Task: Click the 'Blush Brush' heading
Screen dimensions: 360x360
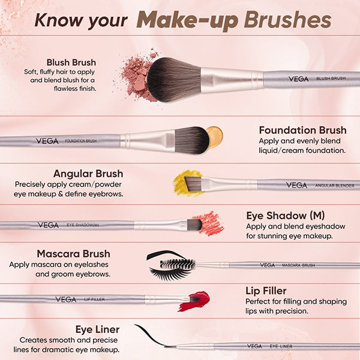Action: point(71,62)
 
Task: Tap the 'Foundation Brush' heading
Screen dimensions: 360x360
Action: point(302,130)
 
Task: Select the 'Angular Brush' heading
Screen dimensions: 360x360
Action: point(88,173)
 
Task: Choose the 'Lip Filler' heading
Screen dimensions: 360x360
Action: point(266,291)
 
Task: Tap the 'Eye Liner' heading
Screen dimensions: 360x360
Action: point(97,329)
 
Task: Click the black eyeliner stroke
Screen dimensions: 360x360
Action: point(151,336)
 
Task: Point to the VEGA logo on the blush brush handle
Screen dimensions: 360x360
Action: point(298,78)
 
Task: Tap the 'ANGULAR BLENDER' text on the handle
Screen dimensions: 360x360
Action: point(334,185)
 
